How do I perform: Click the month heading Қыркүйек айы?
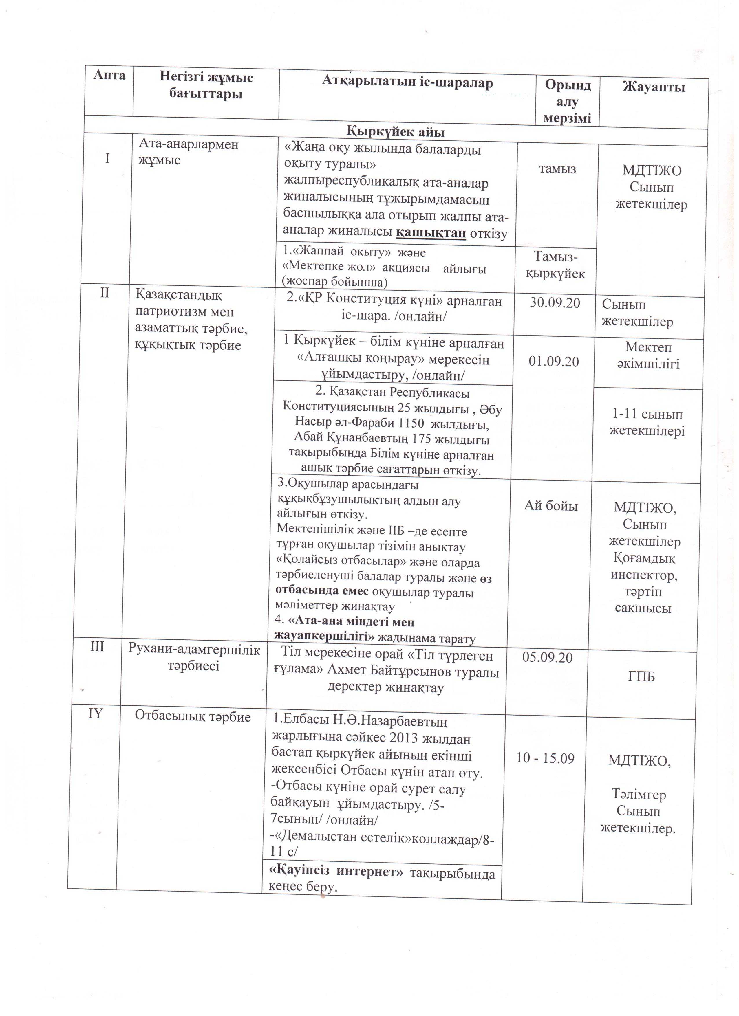click(396, 133)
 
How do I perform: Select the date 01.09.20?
click(554, 362)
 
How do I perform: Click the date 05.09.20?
click(547, 658)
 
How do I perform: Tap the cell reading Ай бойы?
click(551, 506)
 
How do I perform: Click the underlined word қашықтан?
click(431, 234)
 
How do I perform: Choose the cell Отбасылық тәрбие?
click(193, 717)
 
